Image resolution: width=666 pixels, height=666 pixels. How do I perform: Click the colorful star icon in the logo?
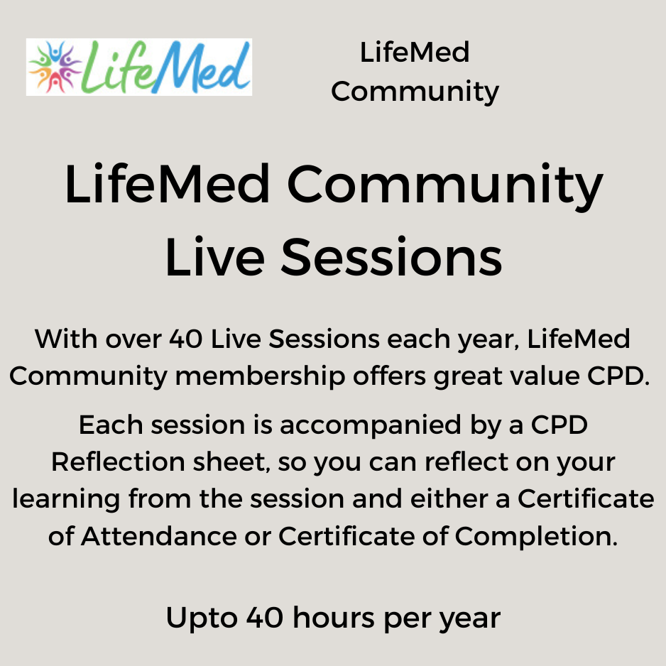pyautogui.click(x=55, y=67)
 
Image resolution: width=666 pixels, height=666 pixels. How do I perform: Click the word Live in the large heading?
pyautogui.click(x=215, y=257)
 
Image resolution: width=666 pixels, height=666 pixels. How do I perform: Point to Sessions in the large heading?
pyautogui.click(x=391, y=257)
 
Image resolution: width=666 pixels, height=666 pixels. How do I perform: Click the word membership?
pyautogui.click(x=260, y=376)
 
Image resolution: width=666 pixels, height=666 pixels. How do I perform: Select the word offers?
pyautogui.click(x=389, y=376)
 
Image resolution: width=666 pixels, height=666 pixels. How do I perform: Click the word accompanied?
pyautogui.click(x=370, y=426)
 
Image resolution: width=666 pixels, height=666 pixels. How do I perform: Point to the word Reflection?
pyautogui.click(x=118, y=462)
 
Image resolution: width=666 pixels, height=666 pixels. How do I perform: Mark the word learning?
pyautogui.click(x=66, y=500)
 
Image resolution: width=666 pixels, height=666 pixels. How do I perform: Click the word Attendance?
pyautogui.click(x=158, y=536)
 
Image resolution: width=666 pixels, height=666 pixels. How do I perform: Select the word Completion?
pyautogui.click(x=536, y=537)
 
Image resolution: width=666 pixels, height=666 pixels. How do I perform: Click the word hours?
pyautogui.click(x=334, y=617)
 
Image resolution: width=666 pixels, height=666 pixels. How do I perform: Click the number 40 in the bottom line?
pyautogui.click(x=265, y=618)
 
